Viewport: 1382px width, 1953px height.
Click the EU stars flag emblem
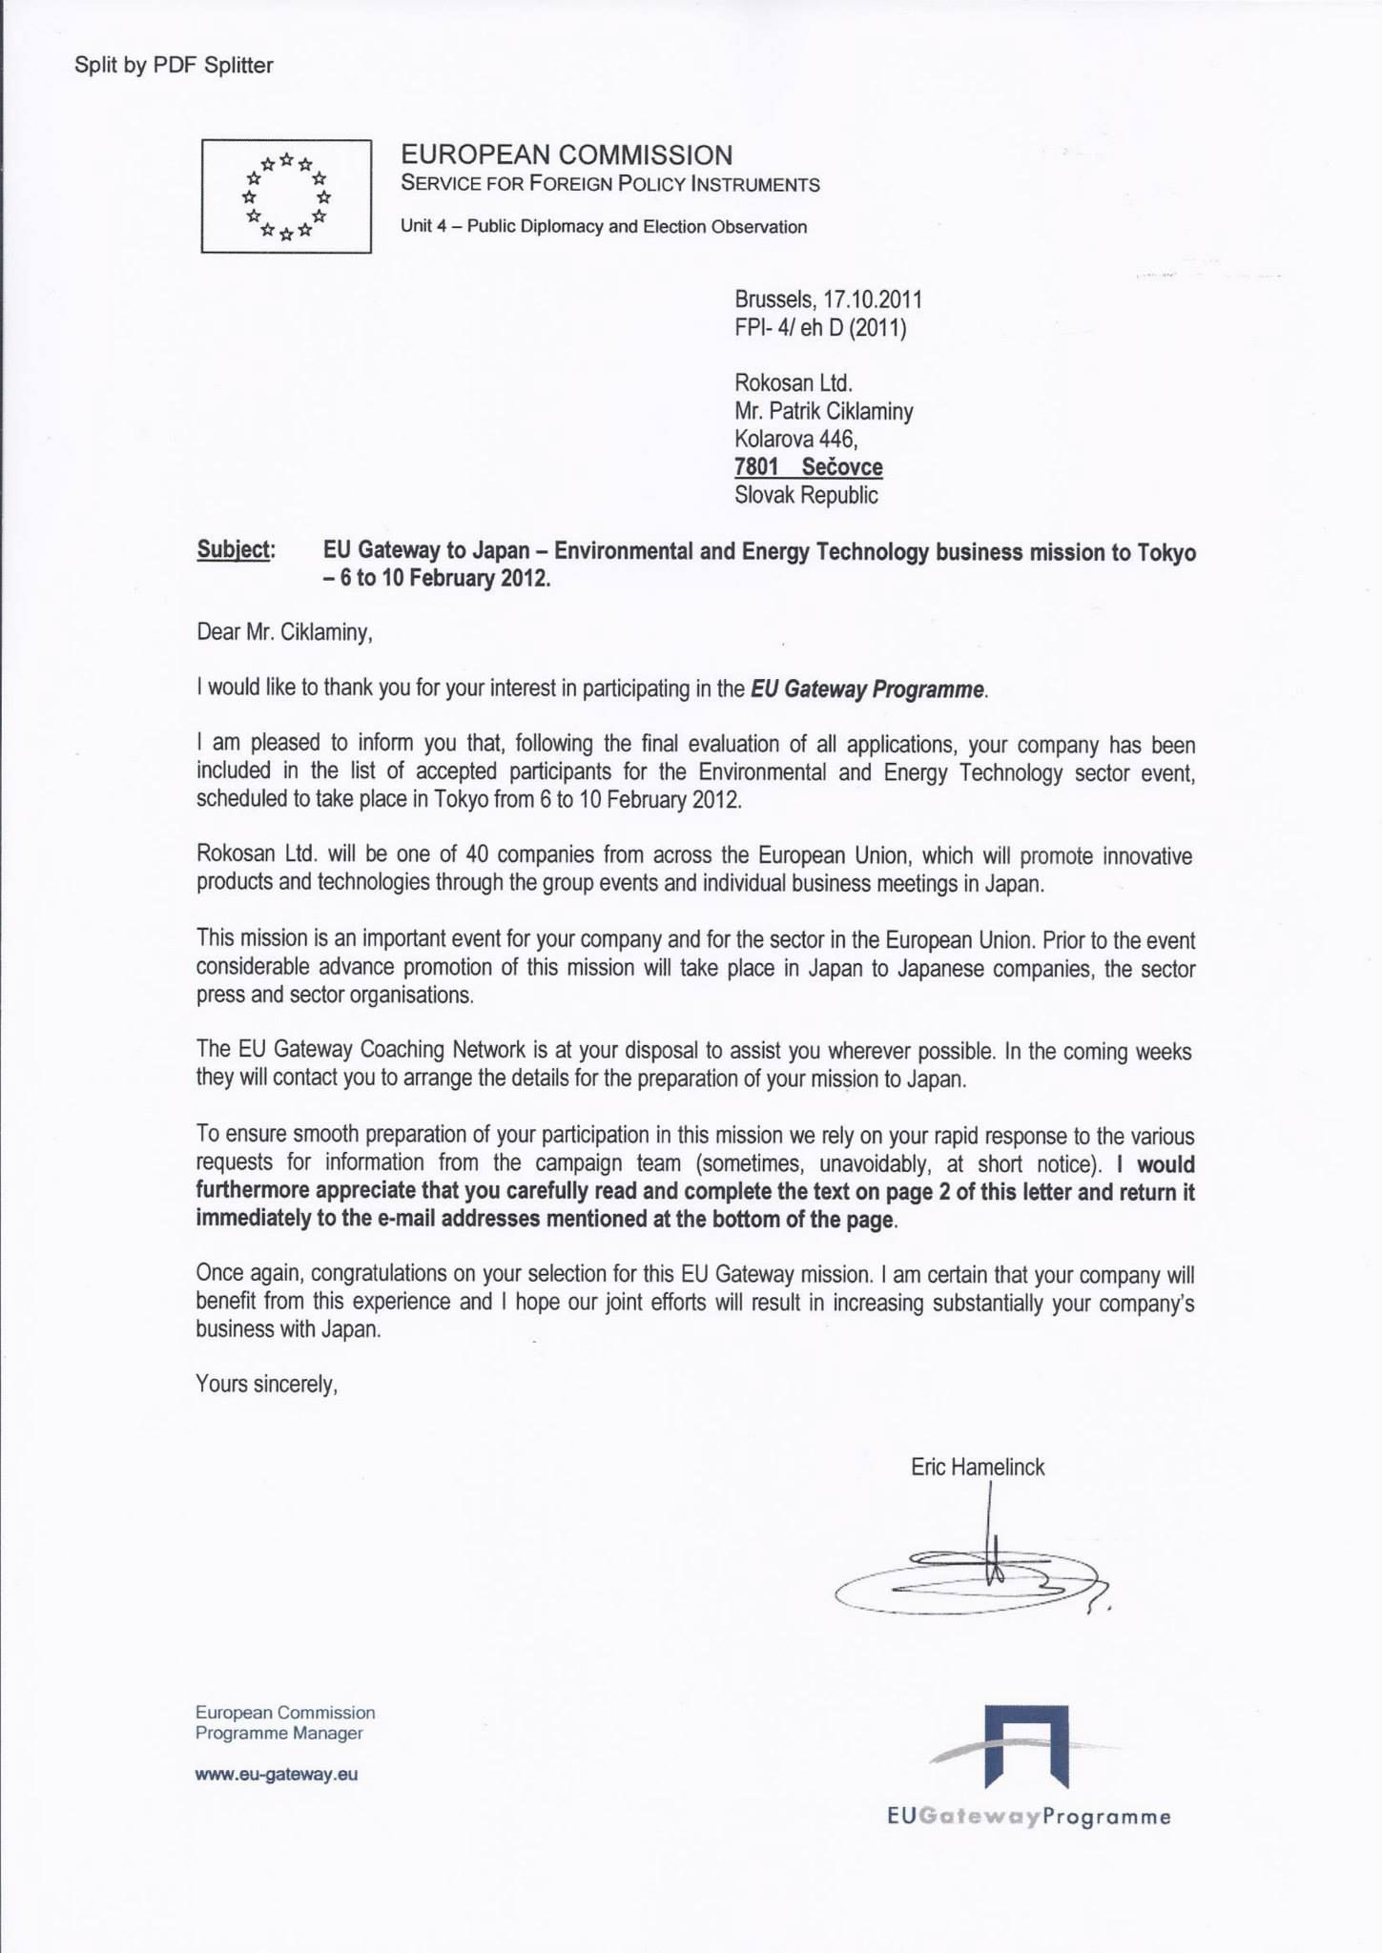(285, 196)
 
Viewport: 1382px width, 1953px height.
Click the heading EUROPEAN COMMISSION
(566, 154)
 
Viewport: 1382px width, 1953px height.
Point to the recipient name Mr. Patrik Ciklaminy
(823, 411)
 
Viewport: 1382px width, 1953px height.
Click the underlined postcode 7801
(756, 467)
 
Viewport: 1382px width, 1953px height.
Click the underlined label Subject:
(236, 551)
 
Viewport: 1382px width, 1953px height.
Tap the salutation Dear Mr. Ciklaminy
(284, 632)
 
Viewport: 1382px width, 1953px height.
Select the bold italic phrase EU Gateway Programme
(867, 689)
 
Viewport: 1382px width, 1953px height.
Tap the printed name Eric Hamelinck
(978, 1467)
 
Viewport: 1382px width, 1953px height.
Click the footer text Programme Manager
(278, 1733)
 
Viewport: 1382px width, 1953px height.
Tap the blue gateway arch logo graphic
(1025, 1746)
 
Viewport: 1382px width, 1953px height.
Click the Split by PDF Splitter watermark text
(174, 65)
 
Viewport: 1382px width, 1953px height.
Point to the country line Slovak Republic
(806, 495)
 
